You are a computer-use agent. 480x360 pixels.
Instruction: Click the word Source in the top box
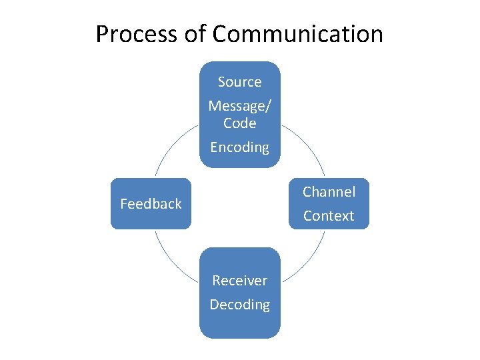[x=239, y=82]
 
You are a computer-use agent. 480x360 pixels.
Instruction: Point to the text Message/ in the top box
[x=239, y=106]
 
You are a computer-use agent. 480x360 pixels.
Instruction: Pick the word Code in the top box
[x=239, y=123]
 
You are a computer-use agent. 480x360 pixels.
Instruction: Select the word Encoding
[x=239, y=147]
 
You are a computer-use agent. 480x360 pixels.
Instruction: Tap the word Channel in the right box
[x=329, y=192]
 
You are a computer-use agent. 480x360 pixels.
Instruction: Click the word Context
[x=329, y=216]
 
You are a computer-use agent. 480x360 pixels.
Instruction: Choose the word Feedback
[x=151, y=204]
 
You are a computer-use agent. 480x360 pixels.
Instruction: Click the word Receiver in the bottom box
[x=239, y=281]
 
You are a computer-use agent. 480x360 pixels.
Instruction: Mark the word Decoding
[x=239, y=305]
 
